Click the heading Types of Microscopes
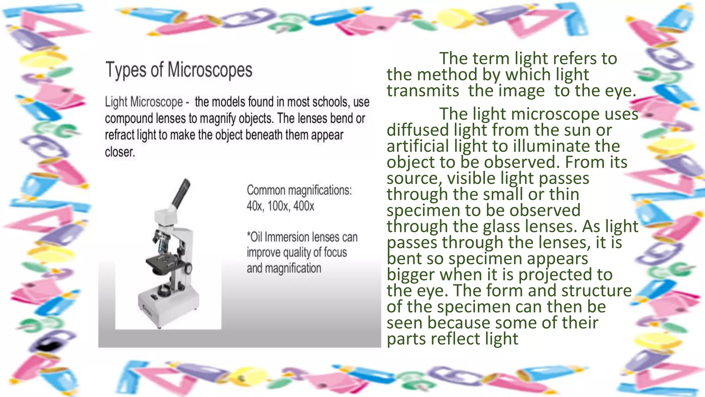179,70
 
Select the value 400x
304,206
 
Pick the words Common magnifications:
299,190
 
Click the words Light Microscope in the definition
144,102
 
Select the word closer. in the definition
120,152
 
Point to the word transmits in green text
423,91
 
